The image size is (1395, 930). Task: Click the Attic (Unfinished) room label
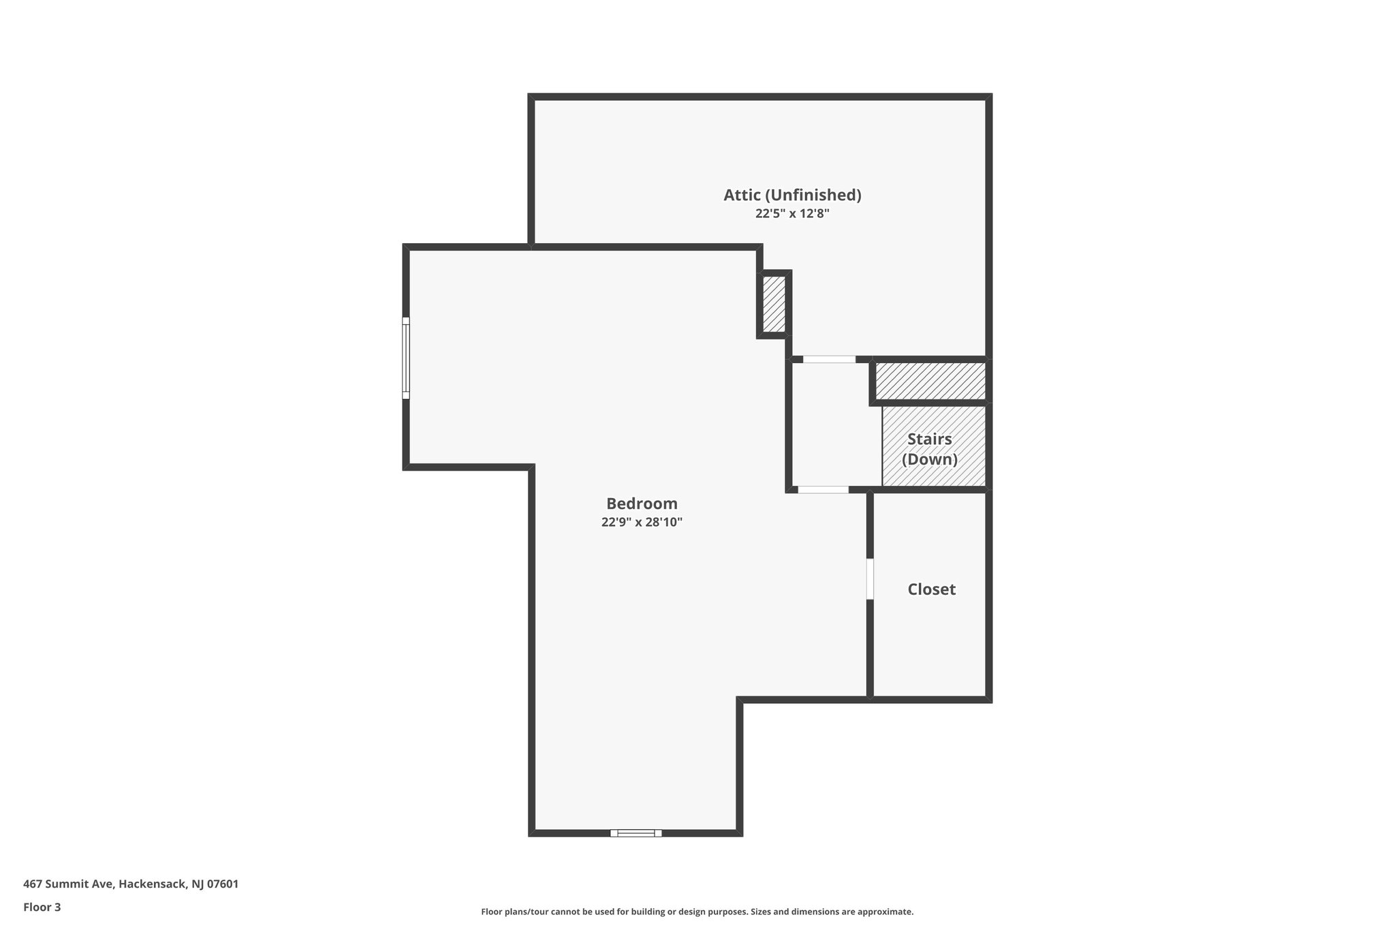(x=792, y=195)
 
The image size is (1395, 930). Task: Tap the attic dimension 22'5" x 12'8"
(x=792, y=213)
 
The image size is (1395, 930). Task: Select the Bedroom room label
(x=642, y=503)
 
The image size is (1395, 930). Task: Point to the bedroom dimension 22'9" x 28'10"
(x=642, y=523)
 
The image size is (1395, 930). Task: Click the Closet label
(x=931, y=589)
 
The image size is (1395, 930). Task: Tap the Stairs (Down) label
(x=930, y=449)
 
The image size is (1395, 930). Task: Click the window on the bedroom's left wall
(x=406, y=358)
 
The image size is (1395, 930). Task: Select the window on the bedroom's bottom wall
(x=636, y=833)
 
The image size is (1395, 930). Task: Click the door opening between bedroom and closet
(x=870, y=579)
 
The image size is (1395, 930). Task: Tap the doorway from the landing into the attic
(x=829, y=359)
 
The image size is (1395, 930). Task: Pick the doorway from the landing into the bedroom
(x=824, y=489)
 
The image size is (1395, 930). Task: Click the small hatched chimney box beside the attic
(x=774, y=304)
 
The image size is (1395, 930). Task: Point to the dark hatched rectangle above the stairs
(x=930, y=381)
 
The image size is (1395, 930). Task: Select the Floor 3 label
(x=42, y=907)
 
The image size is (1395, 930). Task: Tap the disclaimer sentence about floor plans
(x=697, y=912)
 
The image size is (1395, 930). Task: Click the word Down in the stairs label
(x=930, y=459)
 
